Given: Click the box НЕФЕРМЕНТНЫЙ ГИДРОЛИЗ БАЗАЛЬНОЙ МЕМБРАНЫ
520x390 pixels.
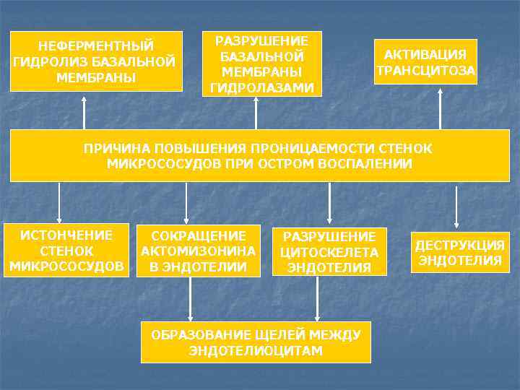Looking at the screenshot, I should pyautogui.click(x=96, y=61).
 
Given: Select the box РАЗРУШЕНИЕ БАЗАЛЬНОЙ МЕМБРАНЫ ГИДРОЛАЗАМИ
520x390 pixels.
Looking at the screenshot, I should pyautogui.click(x=263, y=64).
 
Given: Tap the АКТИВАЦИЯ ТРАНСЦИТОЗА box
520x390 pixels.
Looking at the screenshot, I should pyautogui.click(x=425, y=62).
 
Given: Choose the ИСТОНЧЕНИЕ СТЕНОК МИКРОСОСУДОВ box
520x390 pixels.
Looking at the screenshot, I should pyautogui.click(x=66, y=251).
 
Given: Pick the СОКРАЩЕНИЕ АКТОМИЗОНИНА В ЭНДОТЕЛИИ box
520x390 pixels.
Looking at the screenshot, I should pyautogui.click(x=199, y=251).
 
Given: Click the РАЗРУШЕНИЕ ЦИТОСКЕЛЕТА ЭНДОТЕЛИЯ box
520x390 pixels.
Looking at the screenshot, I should pyautogui.click(x=329, y=252).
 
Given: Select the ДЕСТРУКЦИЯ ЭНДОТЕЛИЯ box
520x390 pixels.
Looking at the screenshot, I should pyautogui.click(x=460, y=252).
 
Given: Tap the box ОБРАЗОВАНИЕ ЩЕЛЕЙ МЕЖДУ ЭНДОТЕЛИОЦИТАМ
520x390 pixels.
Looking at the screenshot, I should pyautogui.click(x=255, y=342).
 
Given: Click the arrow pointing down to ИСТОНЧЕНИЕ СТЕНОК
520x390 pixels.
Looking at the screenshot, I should pyautogui.click(x=60, y=202).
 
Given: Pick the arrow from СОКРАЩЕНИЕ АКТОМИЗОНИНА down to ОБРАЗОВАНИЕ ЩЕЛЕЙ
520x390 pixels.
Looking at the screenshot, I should pyautogui.click(x=191, y=298).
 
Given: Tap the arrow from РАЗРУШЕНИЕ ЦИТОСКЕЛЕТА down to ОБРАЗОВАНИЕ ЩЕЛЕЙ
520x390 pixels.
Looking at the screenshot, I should pyautogui.click(x=318, y=298).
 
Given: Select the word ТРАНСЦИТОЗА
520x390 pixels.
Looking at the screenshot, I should pyautogui.click(x=425, y=71).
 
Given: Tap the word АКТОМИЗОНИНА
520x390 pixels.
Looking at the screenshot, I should pyautogui.click(x=199, y=251).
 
